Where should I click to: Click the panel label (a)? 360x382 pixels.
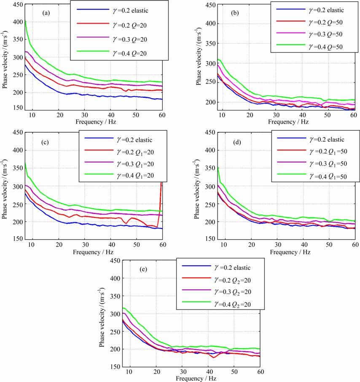(x=46, y=13)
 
